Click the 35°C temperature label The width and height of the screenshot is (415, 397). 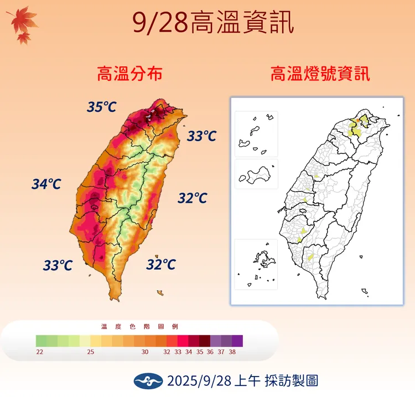(101, 107)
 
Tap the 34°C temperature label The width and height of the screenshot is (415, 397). (46, 184)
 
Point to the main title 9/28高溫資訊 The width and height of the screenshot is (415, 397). (213, 24)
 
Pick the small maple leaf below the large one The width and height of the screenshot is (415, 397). (23, 38)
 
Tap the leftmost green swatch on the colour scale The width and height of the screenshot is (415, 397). (41, 341)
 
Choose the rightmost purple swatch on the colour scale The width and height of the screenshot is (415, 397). (237, 341)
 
